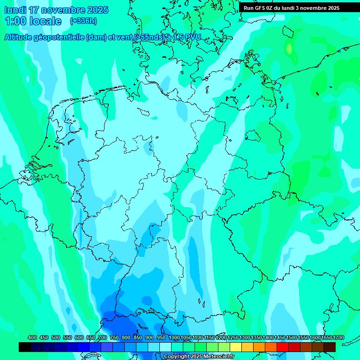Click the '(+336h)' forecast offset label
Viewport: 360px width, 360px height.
pyautogui.click(x=83, y=21)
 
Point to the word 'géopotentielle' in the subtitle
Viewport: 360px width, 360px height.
pyautogui.click(x=61, y=37)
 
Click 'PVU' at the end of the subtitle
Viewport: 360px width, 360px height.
pyautogui.click(x=191, y=37)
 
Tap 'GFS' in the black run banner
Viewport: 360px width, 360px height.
pyautogui.click(x=261, y=8)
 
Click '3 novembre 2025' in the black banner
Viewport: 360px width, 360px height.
pyautogui.click(x=322, y=8)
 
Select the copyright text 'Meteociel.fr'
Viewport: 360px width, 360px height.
pyautogui.click(x=218, y=357)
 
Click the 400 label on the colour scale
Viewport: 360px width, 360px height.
pyautogui.click(x=32, y=337)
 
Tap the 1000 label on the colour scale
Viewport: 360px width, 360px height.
pyautogui.click(x=174, y=337)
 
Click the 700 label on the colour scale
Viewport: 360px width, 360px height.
pyautogui.click(x=103, y=337)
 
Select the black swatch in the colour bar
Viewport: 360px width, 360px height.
pyautogui.click(x=25, y=347)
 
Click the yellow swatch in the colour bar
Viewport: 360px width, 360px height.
pyautogui.click(x=236, y=347)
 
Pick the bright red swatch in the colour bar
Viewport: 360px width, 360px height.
pyautogui.click(x=283, y=347)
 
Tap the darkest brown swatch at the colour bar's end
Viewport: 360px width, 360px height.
pyautogui.click(x=330, y=347)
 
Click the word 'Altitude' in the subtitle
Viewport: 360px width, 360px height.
pyautogui.click(x=20, y=37)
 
